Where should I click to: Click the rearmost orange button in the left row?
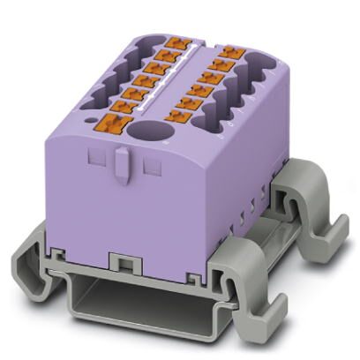175,41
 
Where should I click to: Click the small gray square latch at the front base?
119,262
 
